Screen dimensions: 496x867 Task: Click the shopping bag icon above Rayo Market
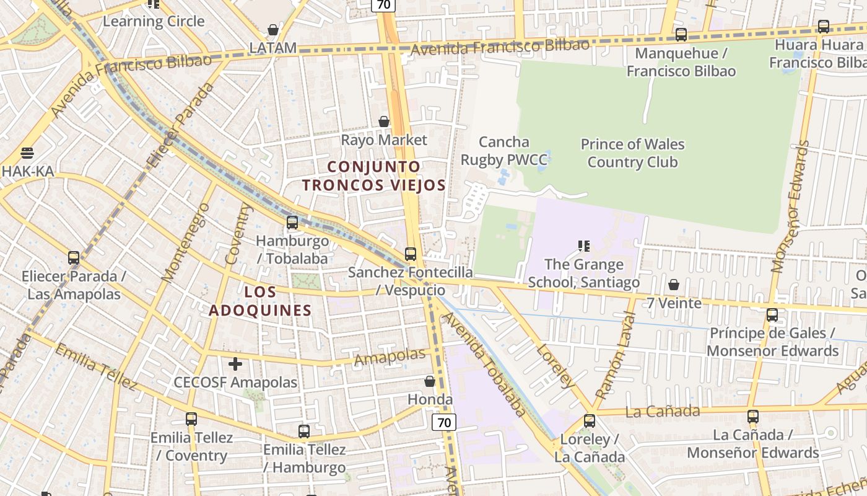pyautogui.click(x=384, y=122)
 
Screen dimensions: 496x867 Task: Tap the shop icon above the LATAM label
pyautogui.click(x=272, y=30)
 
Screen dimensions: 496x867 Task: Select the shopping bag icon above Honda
pyautogui.click(x=430, y=381)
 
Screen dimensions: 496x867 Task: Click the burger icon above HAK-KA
pyautogui.click(x=27, y=153)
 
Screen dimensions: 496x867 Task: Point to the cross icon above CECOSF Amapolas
pyautogui.click(x=235, y=364)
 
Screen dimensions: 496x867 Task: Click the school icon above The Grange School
pyautogui.click(x=583, y=246)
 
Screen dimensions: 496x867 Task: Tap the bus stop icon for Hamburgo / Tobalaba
pyautogui.click(x=292, y=222)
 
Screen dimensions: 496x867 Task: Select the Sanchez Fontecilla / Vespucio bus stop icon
pyautogui.click(x=410, y=254)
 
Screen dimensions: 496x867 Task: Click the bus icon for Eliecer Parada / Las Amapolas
pyautogui.click(x=74, y=257)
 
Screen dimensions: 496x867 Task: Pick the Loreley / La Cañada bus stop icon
pyautogui.click(x=590, y=421)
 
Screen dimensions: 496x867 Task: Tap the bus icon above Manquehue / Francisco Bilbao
pyautogui.click(x=681, y=35)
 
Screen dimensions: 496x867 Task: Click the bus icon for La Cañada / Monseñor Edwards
pyautogui.click(x=753, y=417)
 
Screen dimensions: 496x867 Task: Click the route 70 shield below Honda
pyautogui.click(x=444, y=423)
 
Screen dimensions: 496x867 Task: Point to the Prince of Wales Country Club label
pyautogui.click(x=632, y=153)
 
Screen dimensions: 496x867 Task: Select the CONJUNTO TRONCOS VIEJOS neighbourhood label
pyautogui.click(x=374, y=176)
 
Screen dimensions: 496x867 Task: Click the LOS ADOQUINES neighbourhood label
pyautogui.click(x=260, y=301)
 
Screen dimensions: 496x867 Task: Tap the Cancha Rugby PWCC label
pyautogui.click(x=504, y=151)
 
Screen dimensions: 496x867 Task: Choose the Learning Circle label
pyautogui.click(x=154, y=21)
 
